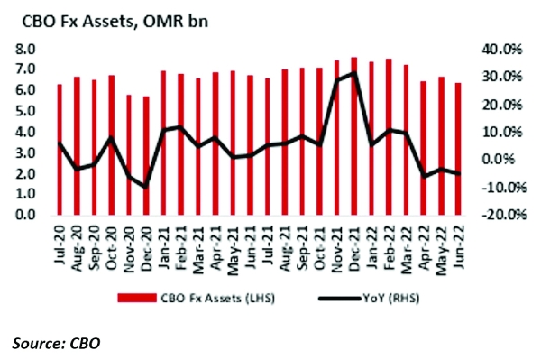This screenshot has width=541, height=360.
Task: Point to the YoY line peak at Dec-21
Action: pos(353,73)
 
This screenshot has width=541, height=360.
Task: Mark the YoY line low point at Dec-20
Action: pos(146,187)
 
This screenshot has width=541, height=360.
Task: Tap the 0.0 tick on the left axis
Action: pos(24,216)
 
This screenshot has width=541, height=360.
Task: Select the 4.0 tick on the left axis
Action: pos(24,132)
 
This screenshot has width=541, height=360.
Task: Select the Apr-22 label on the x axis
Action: pos(423,239)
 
